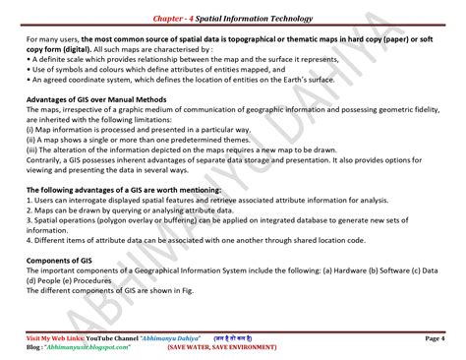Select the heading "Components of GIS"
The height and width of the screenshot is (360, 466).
pyautogui.click(x=54, y=261)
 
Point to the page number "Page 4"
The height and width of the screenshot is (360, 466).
pyautogui.click(x=434, y=338)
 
